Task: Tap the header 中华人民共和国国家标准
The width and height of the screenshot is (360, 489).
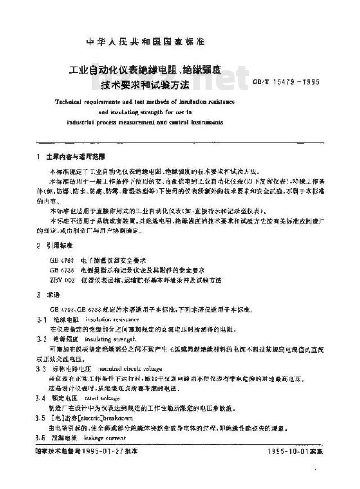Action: click(x=145, y=42)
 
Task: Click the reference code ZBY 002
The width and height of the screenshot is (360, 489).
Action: click(x=62, y=280)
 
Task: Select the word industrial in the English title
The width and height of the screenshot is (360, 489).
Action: click(x=80, y=122)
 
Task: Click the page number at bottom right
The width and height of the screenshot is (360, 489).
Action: click(x=315, y=468)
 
